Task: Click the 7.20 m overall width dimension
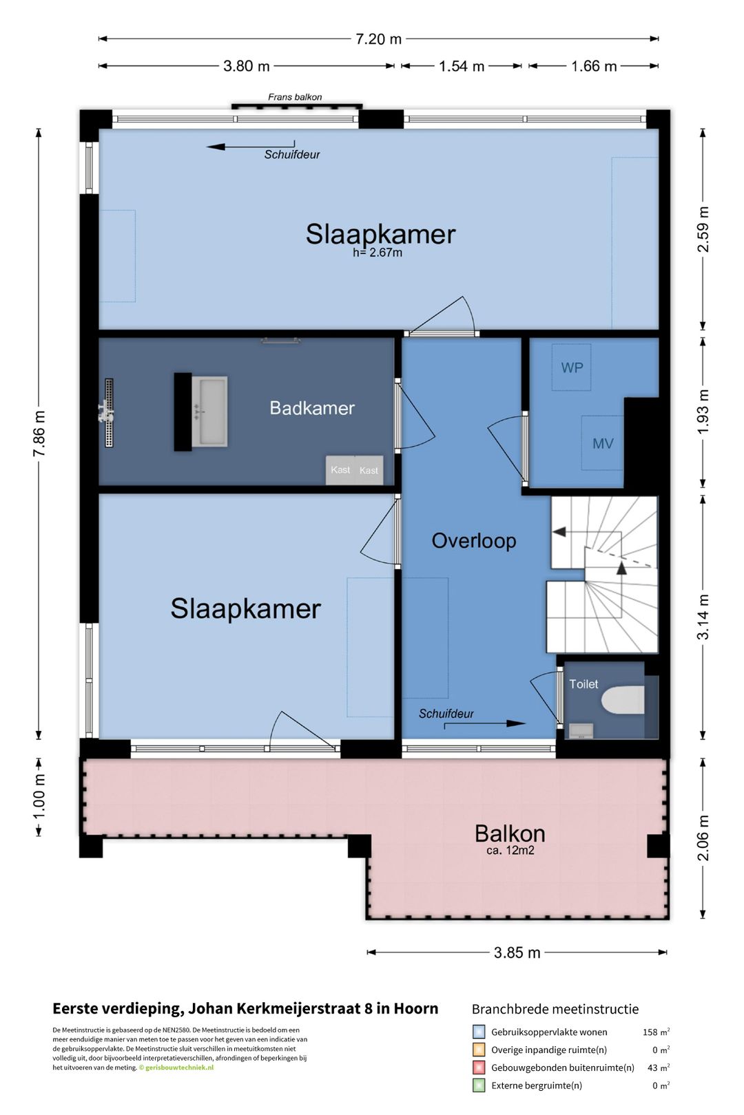[x=378, y=39]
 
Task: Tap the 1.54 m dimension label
[x=462, y=66]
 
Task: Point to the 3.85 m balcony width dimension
[x=517, y=953]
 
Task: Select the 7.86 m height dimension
[x=39, y=433]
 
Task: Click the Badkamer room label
[x=312, y=407]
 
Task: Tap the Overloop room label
[x=473, y=541]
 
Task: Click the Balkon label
[x=510, y=833]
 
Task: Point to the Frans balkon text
[x=295, y=97]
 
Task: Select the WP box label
[x=572, y=368]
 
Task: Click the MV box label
[x=603, y=443]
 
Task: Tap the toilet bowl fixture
[x=623, y=700]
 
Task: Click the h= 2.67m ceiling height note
[x=378, y=253]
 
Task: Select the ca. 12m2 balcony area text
[x=510, y=850]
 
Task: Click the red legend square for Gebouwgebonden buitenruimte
[x=478, y=1068]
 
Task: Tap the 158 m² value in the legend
[x=656, y=1032]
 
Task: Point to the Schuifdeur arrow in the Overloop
[x=484, y=724]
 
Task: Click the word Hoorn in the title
[x=415, y=1008]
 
